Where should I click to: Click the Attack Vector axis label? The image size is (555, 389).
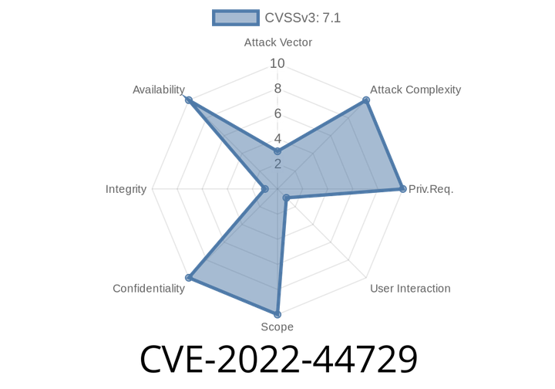pos(277,42)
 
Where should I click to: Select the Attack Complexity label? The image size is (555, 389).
pos(415,90)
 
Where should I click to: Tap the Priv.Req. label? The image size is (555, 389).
pos(431,189)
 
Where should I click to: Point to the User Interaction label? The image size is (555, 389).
pos(410,289)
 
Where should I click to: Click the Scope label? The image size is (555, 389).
pos(277,327)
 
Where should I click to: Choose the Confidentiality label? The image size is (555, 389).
pos(149,289)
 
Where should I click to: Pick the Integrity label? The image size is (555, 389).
pos(126,189)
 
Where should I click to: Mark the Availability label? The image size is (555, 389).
pos(158,90)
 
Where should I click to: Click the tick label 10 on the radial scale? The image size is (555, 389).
pos(277,63)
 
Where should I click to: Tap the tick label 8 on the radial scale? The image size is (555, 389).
pos(277,89)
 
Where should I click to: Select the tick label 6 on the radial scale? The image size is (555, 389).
pos(277,113)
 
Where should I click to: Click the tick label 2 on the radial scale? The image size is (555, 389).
pos(277,164)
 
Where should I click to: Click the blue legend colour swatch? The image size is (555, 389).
pos(235,18)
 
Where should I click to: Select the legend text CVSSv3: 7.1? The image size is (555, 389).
pos(302,18)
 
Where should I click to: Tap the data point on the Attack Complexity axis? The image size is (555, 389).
pos(367,100)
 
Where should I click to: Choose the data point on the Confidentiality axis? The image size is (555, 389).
pos(186,278)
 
